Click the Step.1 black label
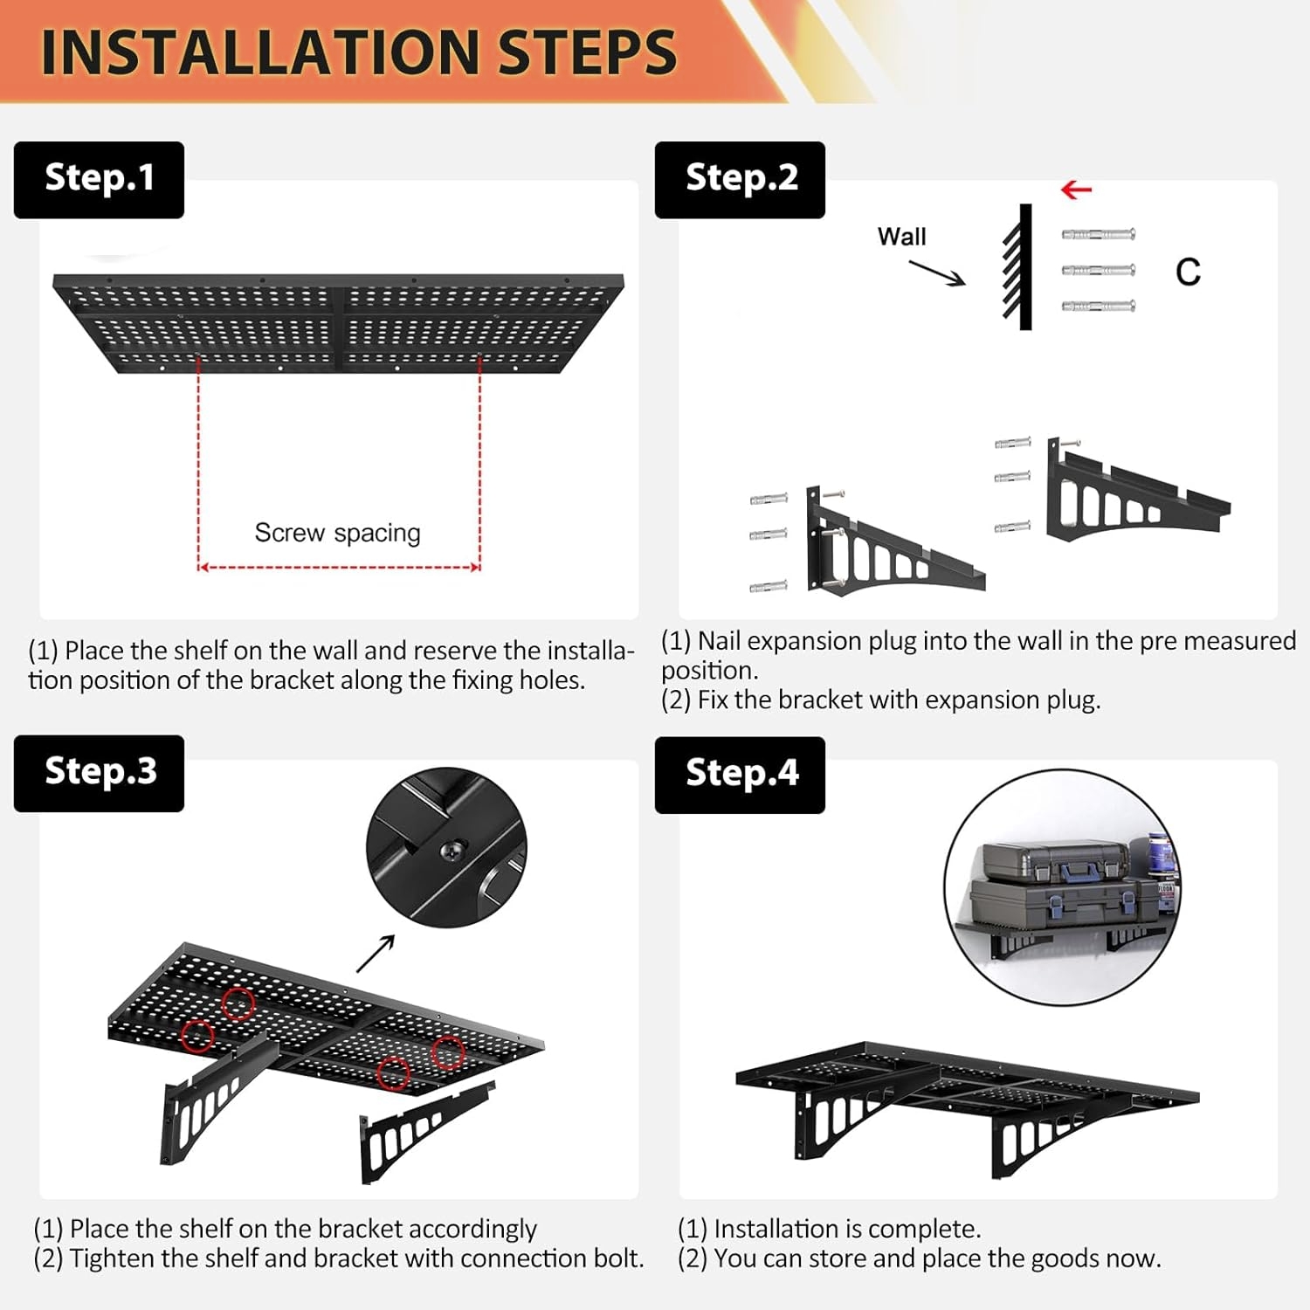pos(99,179)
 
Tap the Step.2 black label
pos(740,179)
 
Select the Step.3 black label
pos(99,773)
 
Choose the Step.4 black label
pos(740,775)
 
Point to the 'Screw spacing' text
pos(337,533)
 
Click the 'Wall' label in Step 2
pos(901,237)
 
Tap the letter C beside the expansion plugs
pos(1188,272)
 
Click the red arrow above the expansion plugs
pos(1076,190)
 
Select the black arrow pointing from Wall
pos(937,272)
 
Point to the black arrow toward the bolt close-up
pos(376,953)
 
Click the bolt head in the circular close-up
pos(453,849)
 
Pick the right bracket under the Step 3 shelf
pos(425,1132)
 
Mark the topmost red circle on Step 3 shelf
pos(238,1003)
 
